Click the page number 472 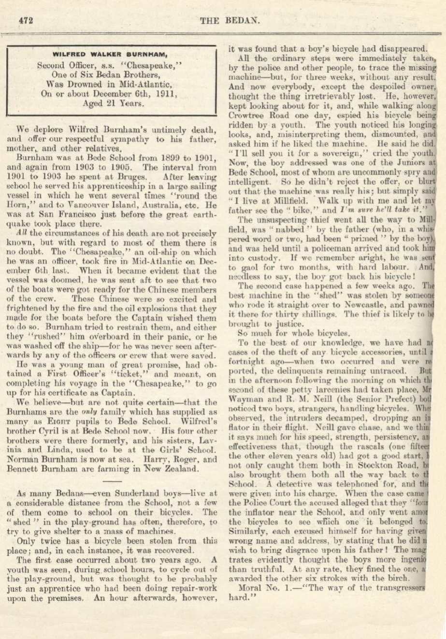(25, 20)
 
